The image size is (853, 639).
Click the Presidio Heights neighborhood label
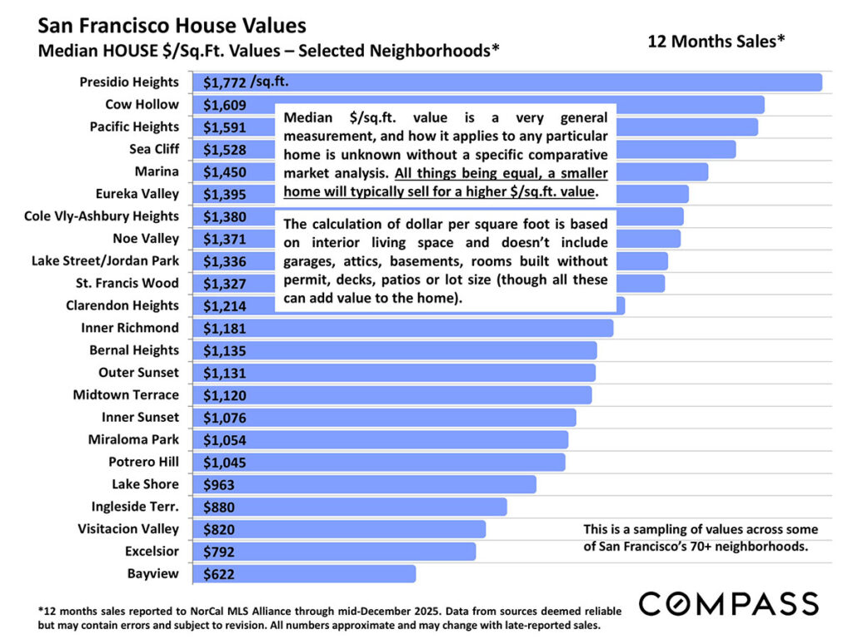129,82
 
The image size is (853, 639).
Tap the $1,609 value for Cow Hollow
225,105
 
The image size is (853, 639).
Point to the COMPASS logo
728,603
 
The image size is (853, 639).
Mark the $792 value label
219,551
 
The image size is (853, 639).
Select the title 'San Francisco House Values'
172,26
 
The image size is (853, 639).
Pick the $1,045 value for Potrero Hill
225,462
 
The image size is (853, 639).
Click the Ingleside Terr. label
135,506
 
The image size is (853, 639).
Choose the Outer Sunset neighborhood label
138,372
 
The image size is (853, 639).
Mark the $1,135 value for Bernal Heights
225,350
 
